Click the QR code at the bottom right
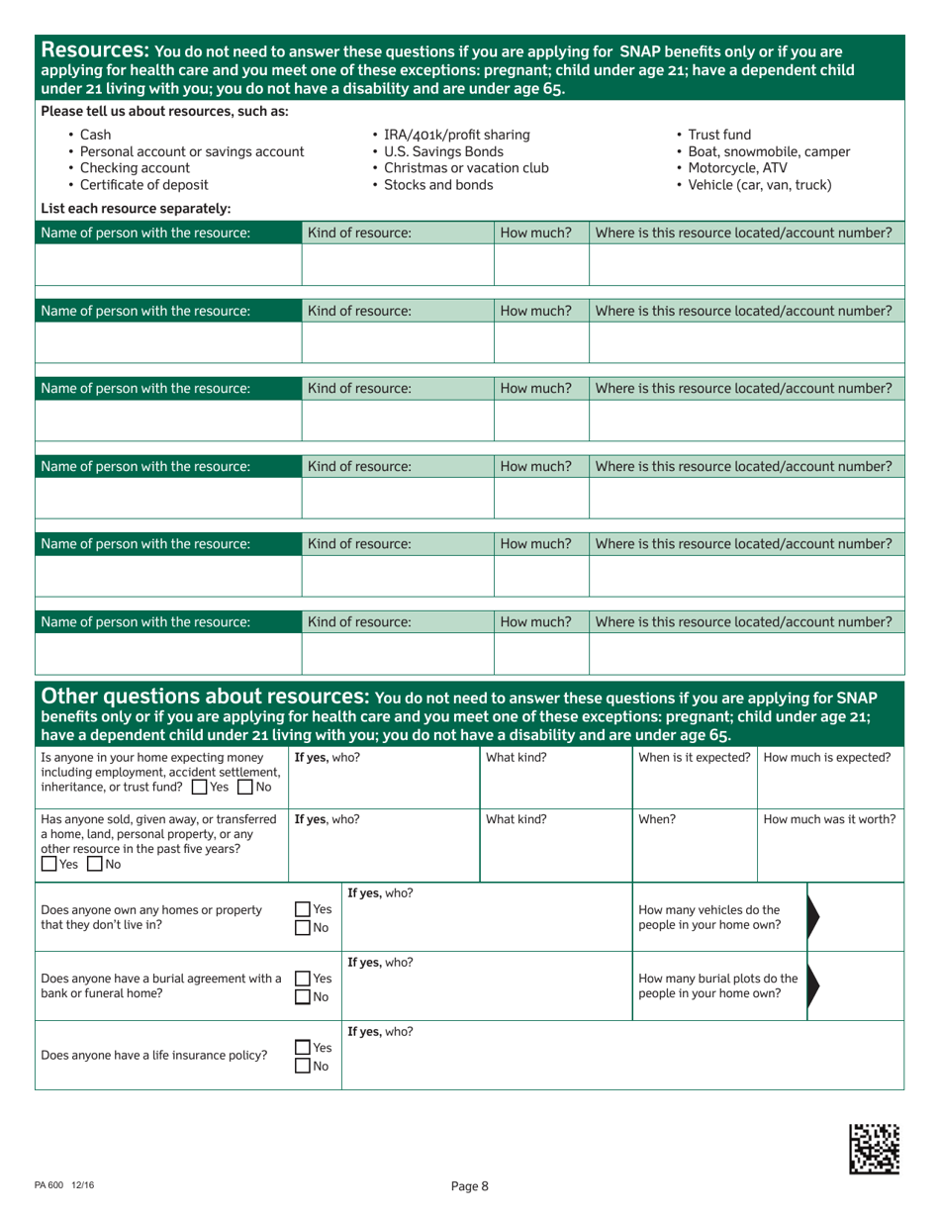875,1149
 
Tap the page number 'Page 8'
469,1187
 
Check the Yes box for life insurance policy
302,1046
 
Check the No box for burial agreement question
302,996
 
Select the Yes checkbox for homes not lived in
302,909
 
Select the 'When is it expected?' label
694,758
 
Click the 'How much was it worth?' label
830,819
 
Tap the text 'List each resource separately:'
136,208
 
